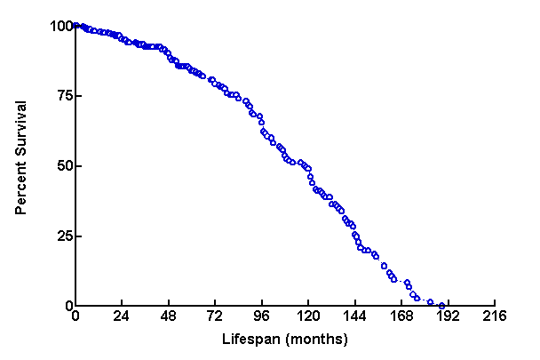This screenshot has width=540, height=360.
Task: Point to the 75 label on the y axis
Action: pos(61,96)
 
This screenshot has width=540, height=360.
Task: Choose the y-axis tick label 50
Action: pos(61,166)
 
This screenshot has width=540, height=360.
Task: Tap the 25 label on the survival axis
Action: pos(61,236)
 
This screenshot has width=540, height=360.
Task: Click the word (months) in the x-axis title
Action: pos(311,340)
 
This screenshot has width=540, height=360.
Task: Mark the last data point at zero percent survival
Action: pos(441,306)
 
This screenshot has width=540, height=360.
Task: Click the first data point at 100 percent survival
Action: pos(75,26)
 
